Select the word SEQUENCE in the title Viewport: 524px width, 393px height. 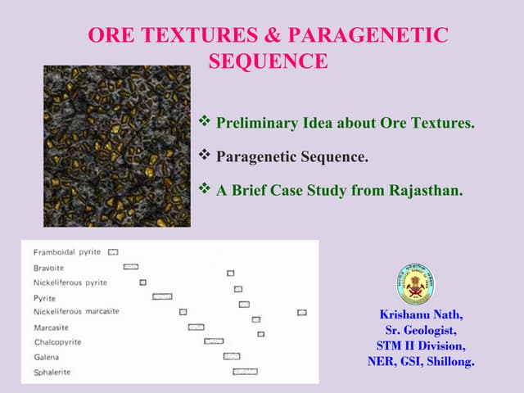pyautogui.click(x=269, y=61)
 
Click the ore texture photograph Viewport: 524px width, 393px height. pyautogui.click(x=116, y=146)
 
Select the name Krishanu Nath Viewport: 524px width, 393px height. pyautogui.click(x=422, y=314)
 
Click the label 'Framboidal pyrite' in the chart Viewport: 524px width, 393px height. pyautogui.click(x=67, y=252)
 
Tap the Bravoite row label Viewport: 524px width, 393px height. pyautogui.click(x=48, y=268)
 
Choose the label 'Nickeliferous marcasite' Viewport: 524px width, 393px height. pyautogui.click(x=76, y=312)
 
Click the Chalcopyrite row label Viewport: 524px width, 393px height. pyautogui.click(x=57, y=342)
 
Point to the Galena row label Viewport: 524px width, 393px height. pyautogui.click(x=46, y=358)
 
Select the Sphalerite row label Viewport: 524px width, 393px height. pyautogui.click(x=52, y=373)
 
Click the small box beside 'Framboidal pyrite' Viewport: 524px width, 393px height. pyautogui.click(x=113, y=252)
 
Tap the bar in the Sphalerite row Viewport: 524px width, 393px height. pyautogui.click(x=245, y=372)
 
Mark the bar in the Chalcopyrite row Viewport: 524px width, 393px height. pyautogui.click(x=214, y=341)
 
